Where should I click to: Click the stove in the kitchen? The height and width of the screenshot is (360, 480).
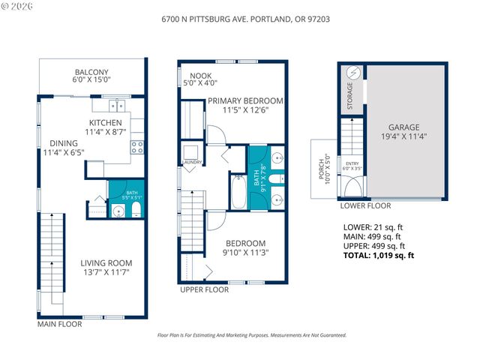(137, 147)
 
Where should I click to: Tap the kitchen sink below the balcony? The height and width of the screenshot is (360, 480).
(118, 105)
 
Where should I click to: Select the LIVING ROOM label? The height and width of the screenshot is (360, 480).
(106, 262)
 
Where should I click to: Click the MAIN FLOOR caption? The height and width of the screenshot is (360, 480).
(60, 325)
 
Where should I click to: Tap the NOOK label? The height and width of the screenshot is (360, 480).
(200, 76)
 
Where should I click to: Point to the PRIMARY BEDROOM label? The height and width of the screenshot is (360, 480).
(245, 100)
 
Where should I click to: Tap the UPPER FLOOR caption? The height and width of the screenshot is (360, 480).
(204, 289)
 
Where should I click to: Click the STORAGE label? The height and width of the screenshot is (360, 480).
(351, 96)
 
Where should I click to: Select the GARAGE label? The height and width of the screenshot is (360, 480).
(403, 127)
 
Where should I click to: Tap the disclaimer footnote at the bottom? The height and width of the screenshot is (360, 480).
(251, 336)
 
